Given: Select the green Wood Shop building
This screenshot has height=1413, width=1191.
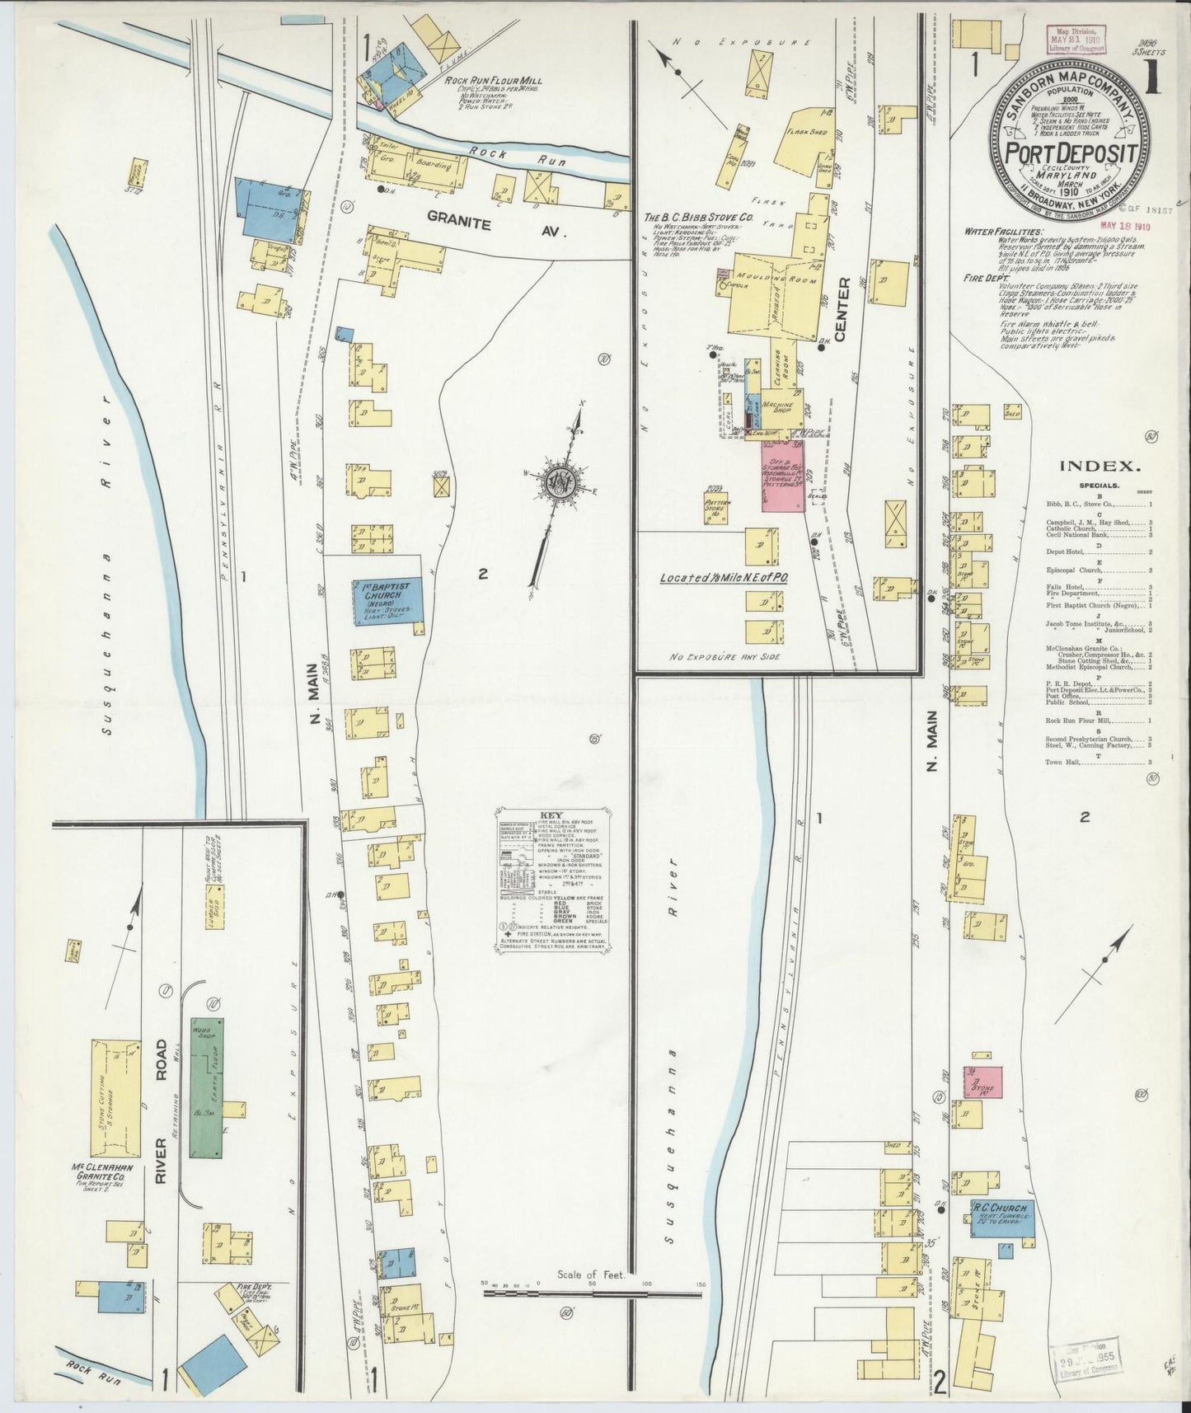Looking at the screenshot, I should [207, 1091].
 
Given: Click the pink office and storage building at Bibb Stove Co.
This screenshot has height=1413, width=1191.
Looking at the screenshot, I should [782, 477].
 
